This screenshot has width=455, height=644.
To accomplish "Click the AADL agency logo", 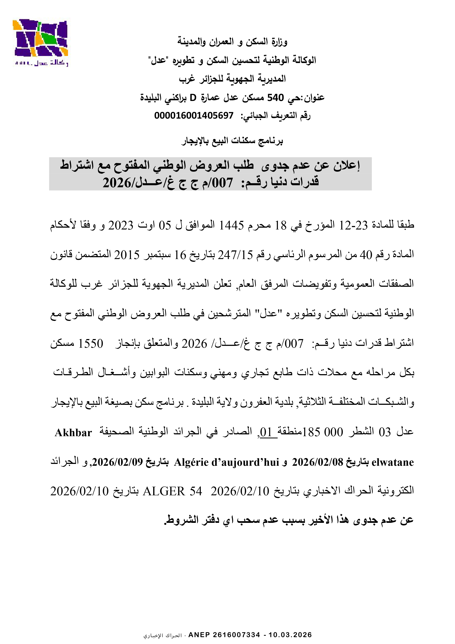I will point(41,42).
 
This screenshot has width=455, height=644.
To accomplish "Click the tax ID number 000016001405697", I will point(194,115).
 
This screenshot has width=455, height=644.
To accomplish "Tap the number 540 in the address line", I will point(275,98).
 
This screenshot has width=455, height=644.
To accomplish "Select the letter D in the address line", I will point(193,98).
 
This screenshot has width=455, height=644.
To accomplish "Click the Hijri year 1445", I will point(231,225).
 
